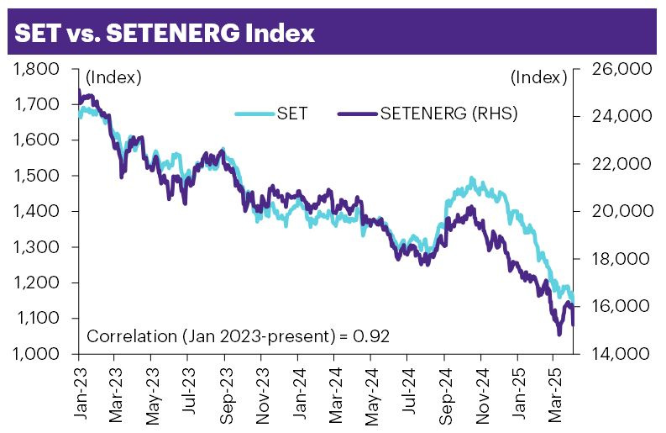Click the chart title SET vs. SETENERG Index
tap(165, 33)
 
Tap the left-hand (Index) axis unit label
tap(113, 78)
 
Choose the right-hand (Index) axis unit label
tap(538, 78)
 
